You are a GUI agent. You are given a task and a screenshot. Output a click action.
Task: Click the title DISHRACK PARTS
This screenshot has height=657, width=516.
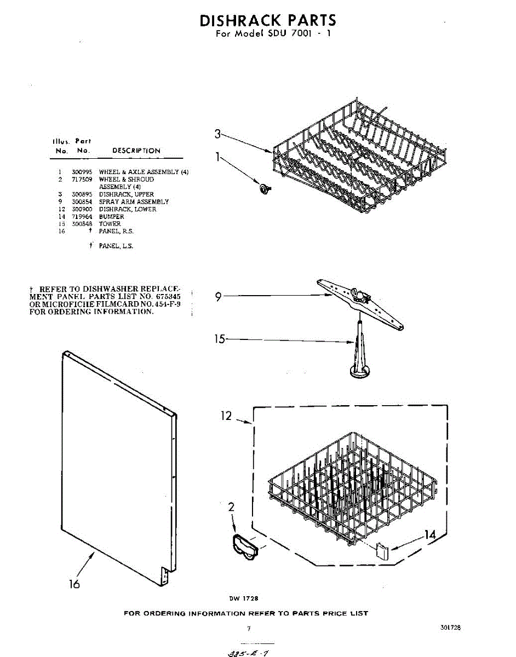267,21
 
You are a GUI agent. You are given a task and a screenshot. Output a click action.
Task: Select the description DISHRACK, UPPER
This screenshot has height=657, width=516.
126,194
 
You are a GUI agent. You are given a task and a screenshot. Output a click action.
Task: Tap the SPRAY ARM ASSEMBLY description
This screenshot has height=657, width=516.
134,201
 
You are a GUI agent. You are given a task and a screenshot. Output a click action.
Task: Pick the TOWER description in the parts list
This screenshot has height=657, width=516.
110,224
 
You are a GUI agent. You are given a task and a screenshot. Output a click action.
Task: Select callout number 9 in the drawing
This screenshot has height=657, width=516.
218,297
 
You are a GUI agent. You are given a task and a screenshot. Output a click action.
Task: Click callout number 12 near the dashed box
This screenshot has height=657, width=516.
227,416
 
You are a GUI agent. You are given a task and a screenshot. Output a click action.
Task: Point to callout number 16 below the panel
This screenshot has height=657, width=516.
74,584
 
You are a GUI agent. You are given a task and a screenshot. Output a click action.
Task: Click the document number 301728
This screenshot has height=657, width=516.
450,627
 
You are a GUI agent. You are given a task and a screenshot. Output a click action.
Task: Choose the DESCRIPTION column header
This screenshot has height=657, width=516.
136,151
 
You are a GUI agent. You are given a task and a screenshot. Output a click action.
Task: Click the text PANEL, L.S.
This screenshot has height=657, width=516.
116,246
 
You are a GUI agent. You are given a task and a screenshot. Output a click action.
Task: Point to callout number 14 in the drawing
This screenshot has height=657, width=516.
431,535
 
